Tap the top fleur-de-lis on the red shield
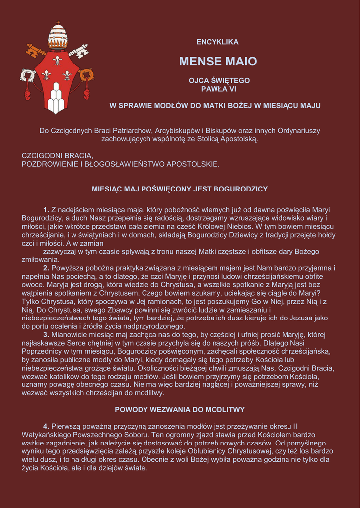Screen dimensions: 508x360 pyautogui.click(x=57, y=60)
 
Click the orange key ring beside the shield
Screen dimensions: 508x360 pyautogui.click(x=87, y=75)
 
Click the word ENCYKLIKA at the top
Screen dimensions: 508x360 pyautogui.click(x=217, y=42)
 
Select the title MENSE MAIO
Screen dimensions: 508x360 pyautogui.click(x=218, y=62)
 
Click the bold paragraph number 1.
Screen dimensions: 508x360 pyautogui.click(x=46, y=210)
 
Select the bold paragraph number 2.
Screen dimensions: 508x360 pyautogui.click(x=46, y=268)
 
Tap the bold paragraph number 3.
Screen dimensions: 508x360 pyautogui.click(x=46, y=335)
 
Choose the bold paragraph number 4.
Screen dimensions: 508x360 pyautogui.click(x=46, y=426)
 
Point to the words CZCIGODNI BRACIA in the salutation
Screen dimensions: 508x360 pyautogui.click(x=58, y=155)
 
